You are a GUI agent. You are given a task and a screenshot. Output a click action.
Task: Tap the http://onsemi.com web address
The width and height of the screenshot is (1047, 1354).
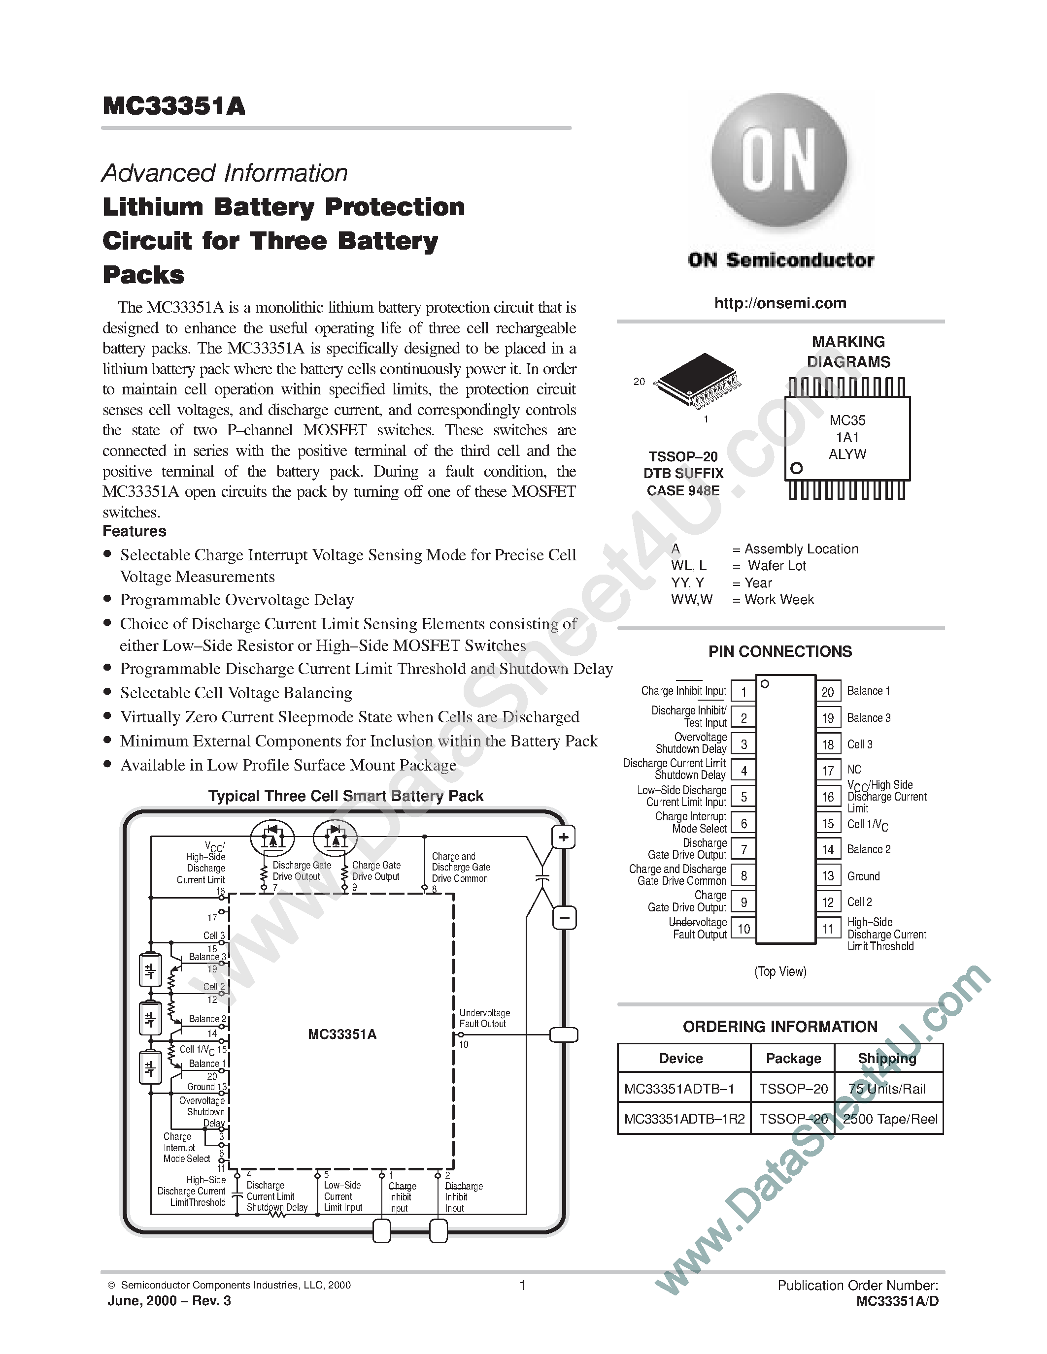[779, 303]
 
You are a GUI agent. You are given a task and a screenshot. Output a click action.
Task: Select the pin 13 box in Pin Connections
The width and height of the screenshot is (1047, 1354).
[828, 876]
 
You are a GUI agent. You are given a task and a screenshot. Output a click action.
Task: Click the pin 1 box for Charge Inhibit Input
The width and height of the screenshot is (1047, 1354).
[743, 691]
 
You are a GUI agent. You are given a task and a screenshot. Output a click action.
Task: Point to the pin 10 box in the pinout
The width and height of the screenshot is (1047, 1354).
[743, 929]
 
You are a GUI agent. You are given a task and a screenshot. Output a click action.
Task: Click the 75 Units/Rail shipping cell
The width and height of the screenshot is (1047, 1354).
[887, 1089]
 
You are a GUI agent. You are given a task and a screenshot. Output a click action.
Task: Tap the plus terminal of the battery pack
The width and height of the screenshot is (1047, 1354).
[563, 838]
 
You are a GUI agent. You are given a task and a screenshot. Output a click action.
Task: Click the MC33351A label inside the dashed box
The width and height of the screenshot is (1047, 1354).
[342, 1034]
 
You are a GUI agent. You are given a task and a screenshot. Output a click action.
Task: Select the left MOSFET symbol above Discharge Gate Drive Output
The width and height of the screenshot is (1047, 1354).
[271, 837]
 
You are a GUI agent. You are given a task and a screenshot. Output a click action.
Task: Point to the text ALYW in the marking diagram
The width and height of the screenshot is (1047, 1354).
[847, 454]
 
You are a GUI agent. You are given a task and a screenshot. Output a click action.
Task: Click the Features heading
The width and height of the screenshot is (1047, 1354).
[135, 531]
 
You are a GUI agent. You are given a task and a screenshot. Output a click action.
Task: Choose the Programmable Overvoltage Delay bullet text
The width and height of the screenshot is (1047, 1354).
[237, 600]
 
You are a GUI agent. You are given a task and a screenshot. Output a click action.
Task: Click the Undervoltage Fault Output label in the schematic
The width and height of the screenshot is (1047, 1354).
[484, 1018]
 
